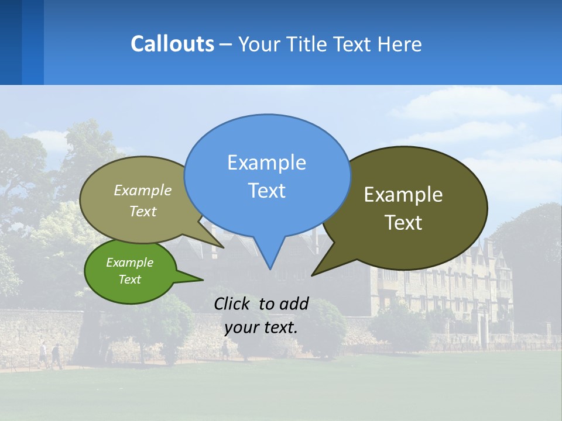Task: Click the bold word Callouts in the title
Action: (172, 44)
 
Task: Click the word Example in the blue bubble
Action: (266, 163)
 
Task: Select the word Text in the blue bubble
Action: (266, 191)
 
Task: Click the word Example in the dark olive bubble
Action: (403, 195)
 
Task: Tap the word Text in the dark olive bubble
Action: (403, 223)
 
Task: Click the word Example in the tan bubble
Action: (143, 191)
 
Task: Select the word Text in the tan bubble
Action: (143, 212)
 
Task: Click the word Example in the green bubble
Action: (130, 263)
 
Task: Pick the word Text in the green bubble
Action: (130, 279)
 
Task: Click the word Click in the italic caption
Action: (232, 303)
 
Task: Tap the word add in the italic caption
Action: (294, 303)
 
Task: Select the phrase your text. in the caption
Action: (261, 327)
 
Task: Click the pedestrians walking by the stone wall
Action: (50, 356)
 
